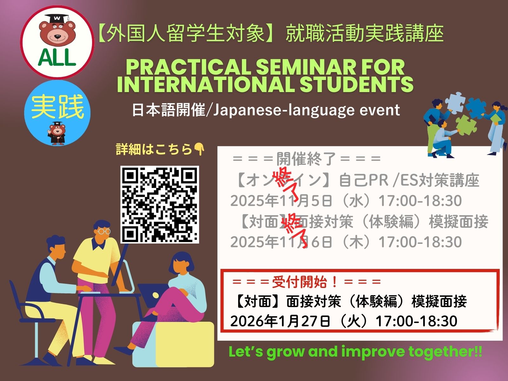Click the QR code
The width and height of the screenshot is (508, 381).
coord(160,204)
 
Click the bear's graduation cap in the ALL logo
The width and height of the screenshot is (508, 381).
coord(57,18)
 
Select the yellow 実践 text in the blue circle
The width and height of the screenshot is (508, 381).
coord(57,107)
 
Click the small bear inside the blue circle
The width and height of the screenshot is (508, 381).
coord(57,133)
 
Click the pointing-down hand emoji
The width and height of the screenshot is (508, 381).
coord(199,149)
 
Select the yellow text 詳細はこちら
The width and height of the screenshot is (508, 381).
coord(154,149)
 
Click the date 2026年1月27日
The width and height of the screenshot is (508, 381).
coord(280,321)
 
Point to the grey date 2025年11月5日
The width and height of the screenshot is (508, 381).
coord(281,200)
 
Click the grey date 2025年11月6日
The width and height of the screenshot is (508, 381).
coord(281,242)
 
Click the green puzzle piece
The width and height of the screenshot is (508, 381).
coord(466,126)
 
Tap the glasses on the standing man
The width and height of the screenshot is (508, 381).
coord(104,231)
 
